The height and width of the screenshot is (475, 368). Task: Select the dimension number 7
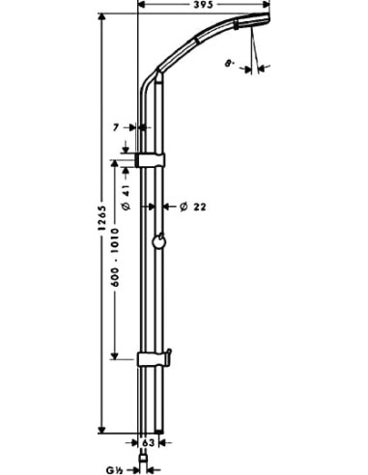118,126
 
